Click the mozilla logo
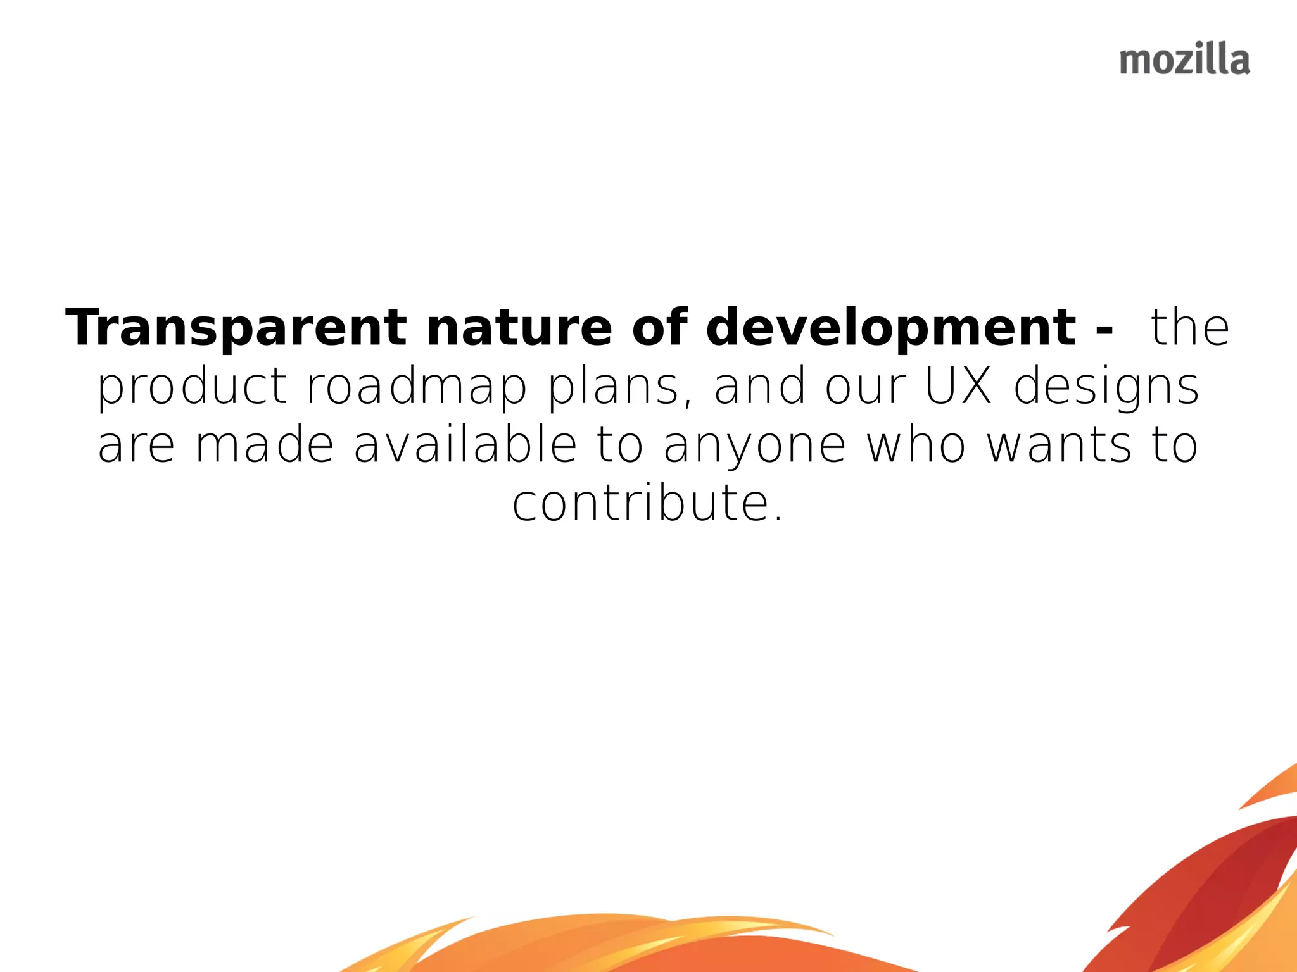1184,61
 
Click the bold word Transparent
236,328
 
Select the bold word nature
519,328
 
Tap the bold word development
890,328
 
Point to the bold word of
659,328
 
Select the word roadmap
417,387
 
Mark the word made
264,445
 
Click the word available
465,445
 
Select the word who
916,445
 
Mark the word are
136,446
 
